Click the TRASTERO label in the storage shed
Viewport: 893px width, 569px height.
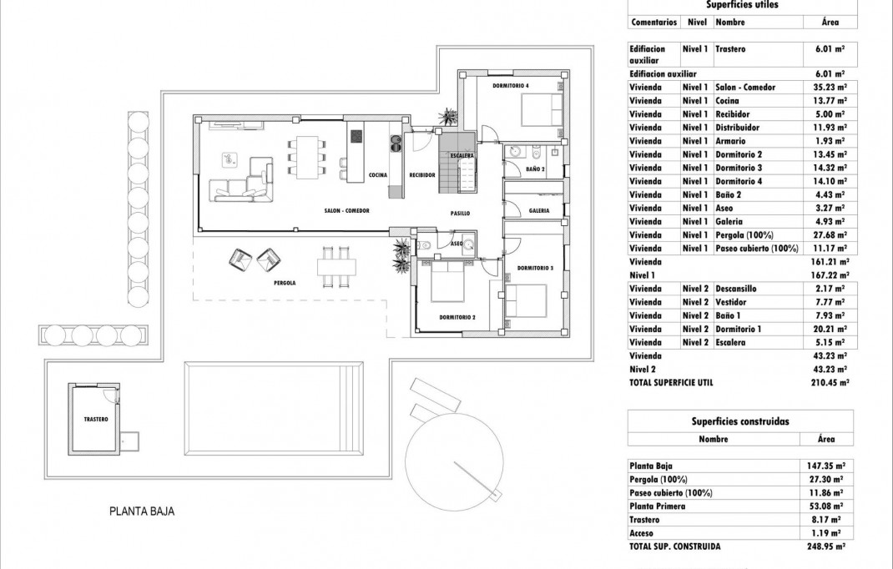[x=96, y=420]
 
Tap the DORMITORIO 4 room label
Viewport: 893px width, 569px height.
[x=511, y=85]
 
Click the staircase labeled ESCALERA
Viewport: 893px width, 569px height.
[x=457, y=166]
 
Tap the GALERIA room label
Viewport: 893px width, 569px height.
[x=538, y=210]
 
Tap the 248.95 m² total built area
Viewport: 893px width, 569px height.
[x=827, y=546]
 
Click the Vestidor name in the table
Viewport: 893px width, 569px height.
[x=731, y=302]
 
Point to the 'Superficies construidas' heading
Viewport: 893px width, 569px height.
[x=740, y=421]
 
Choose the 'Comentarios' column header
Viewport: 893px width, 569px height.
[x=653, y=22]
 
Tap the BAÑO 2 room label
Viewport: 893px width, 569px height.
[x=536, y=169]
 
